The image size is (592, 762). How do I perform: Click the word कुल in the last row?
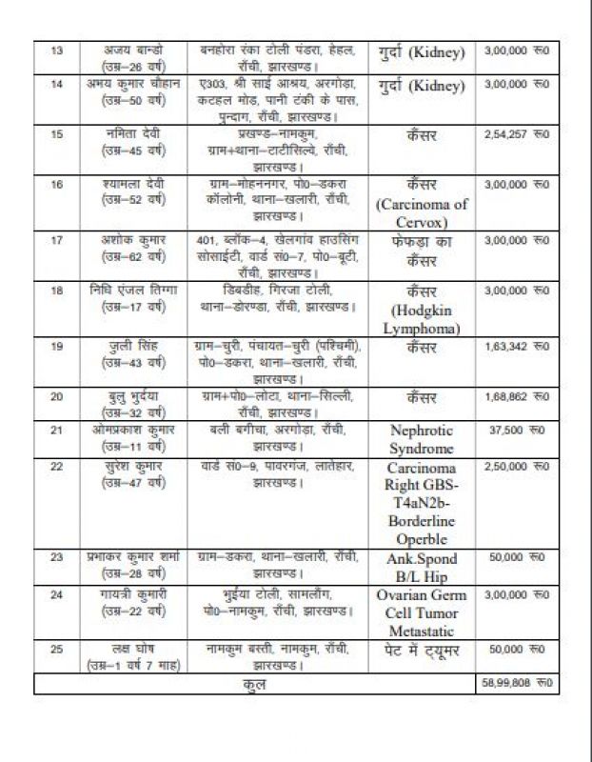254,683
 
